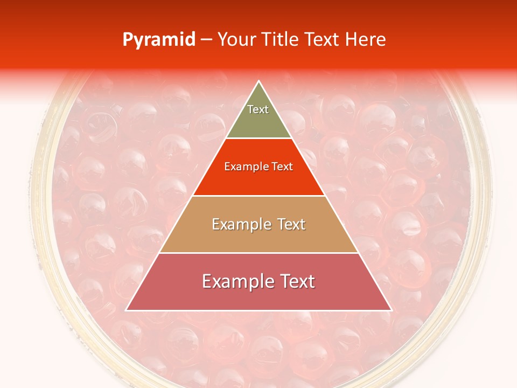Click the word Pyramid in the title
pyautogui.click(x=159, y=40)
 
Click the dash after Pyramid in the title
pyautogui.click(x=206, y=40)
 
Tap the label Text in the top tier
pyautogui.click(x=258, y=109)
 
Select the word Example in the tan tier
pyautogui.click(x=237, y=224)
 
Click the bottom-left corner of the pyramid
pyautogui.click(x=126, y=310)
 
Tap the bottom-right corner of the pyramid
pyautogui.click(x=392, y=310)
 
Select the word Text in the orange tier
pyautogui.click(x=280, y=167)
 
